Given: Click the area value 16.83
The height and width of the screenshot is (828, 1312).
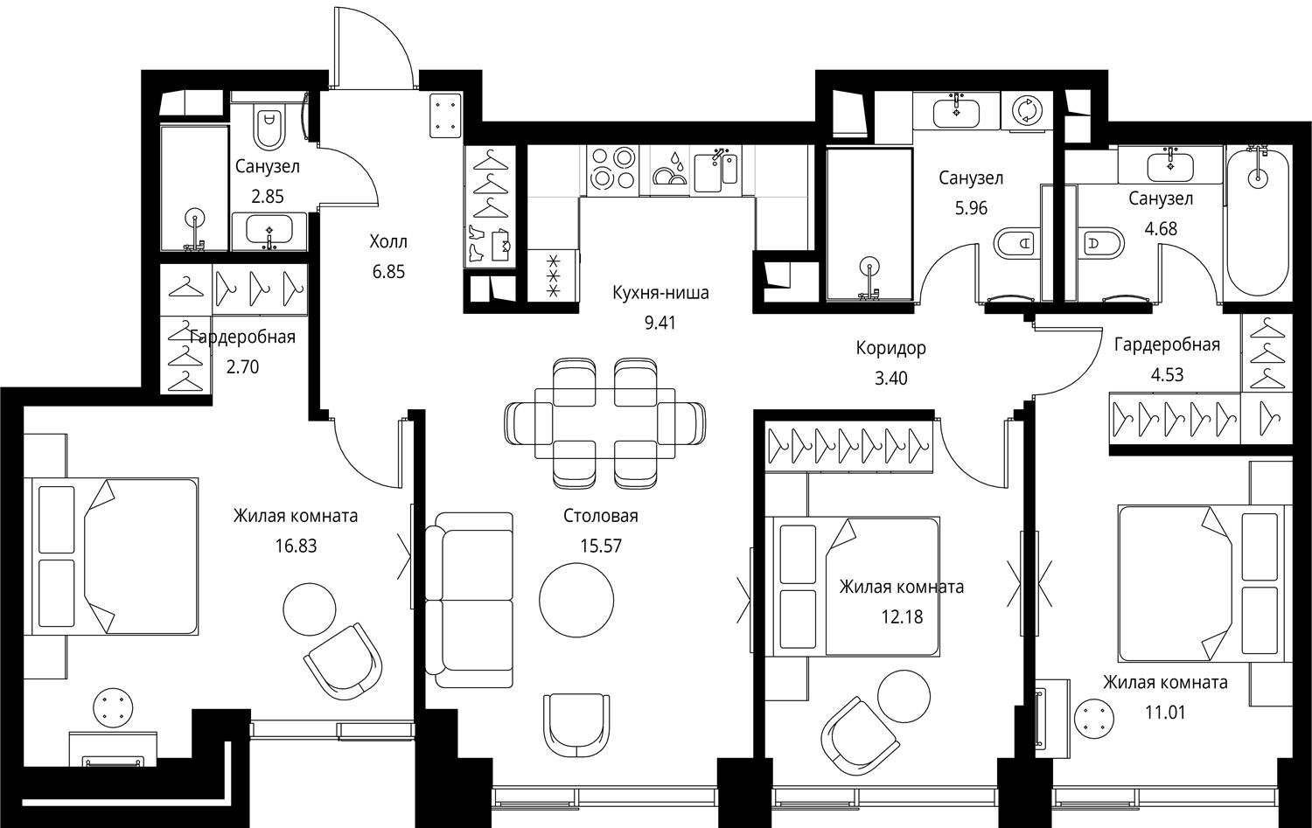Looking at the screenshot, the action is pos(296,546).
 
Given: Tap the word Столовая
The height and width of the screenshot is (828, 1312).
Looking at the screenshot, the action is pos(600,516).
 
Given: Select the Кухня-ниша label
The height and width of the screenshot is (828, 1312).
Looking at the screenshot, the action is pos(660,292).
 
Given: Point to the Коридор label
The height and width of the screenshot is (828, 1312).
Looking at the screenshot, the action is pos(891,348).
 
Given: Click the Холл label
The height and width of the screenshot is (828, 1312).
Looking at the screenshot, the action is pos(388,241).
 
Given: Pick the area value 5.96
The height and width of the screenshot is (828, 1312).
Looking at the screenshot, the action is pos(971,208).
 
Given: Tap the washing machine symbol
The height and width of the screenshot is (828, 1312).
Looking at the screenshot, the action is pos(1026,110).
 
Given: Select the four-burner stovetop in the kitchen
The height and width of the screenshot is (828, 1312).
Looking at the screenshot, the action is pos(612,170).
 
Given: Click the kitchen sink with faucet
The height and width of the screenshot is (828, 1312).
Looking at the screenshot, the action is pos(715,170).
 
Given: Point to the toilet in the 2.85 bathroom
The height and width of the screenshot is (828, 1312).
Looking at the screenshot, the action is pos(269,125).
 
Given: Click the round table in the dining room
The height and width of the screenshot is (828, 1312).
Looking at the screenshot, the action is pos(576,600).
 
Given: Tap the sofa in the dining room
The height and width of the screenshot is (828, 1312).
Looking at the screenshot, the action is pos(469,600).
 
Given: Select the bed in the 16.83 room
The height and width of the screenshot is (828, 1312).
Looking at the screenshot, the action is pos(111,556).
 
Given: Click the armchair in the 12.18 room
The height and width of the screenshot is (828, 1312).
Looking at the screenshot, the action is pos(859,736).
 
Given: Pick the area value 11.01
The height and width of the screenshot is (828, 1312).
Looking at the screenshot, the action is pos(1165,713).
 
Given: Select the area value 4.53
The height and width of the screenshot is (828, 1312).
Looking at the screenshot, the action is pos(1167,374).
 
